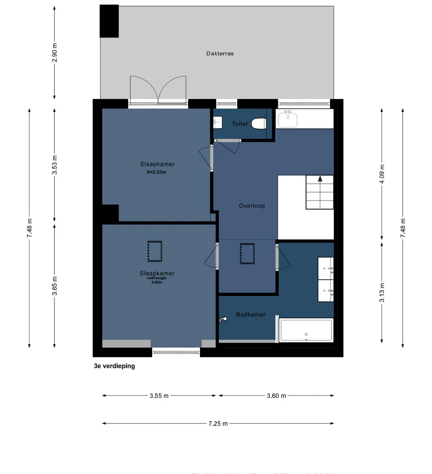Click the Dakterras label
pos(220,53)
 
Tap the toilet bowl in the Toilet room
pos(259,123)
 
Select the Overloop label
pos(252,206)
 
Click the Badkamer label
pos(251,315)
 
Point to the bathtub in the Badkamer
pos(306,330)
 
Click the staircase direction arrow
pos(320,179)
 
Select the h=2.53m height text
pos(156,172)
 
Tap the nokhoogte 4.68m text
pos(157,280)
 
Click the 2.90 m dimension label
pos(55,52)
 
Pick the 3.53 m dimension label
pos(55,165)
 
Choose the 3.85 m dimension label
pos(55,286)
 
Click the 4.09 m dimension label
pos(382,174)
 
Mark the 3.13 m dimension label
pos(382,293)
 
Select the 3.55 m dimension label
pos(159,396)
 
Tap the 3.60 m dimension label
pos(276,396)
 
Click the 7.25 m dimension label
pos(218,424)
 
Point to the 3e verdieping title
pos(114,366)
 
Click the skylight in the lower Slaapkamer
pos(155,251)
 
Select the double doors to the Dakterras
pos(158,90)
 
